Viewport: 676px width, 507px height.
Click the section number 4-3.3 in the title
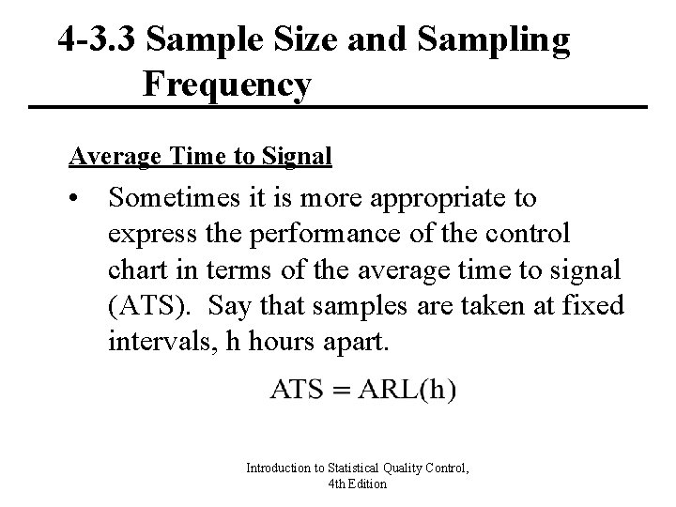pos(97,40)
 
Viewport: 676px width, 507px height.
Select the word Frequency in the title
pos(227,85)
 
